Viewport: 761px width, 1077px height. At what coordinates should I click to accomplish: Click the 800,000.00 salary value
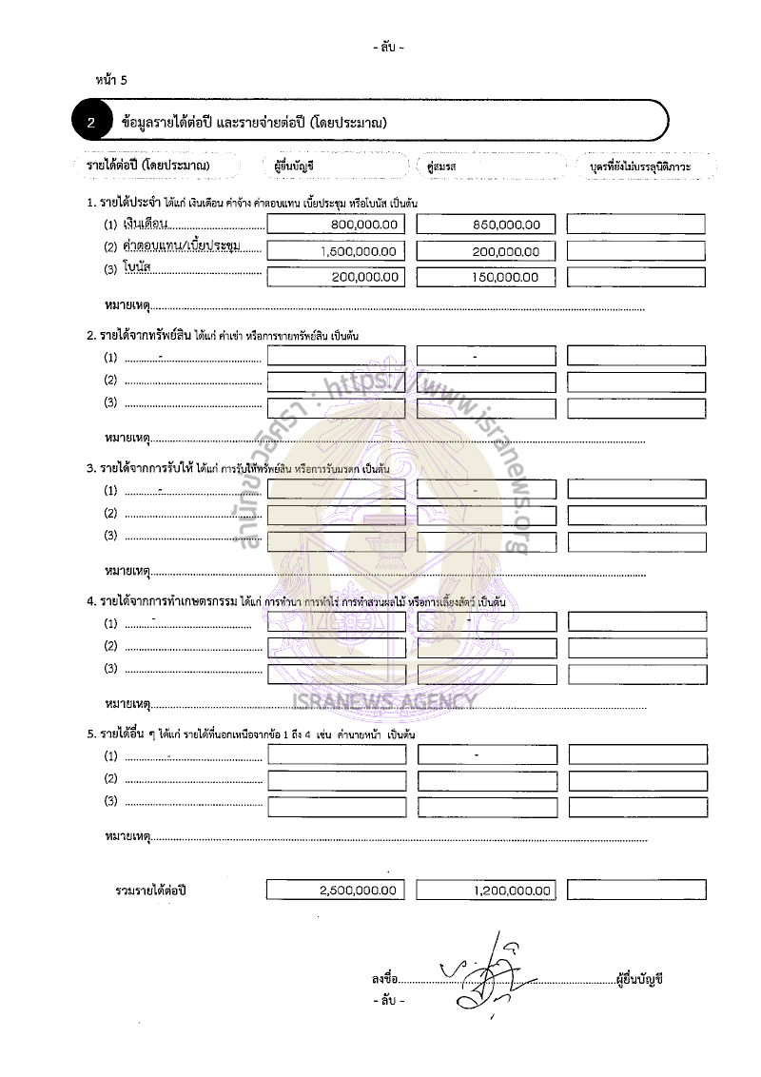(x=362, y=225)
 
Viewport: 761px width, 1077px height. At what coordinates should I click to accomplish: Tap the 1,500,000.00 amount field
(x=359, y=251)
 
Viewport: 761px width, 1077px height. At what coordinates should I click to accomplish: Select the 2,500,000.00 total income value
(x=359, y=891)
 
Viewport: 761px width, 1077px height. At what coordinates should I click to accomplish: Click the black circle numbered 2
(x=90, y=122)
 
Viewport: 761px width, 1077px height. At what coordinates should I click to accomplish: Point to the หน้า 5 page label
(x=111, y=80)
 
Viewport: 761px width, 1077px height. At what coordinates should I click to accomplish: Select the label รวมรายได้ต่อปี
(x=150, y=891)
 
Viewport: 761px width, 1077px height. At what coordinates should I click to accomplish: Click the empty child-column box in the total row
(x=636, y=891)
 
